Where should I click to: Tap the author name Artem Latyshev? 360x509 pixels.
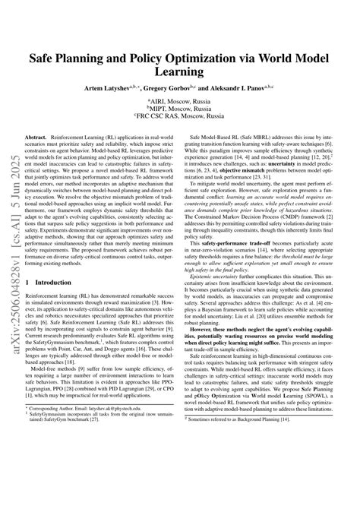click(114, 88)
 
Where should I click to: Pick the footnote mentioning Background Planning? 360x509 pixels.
click(251, 482)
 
